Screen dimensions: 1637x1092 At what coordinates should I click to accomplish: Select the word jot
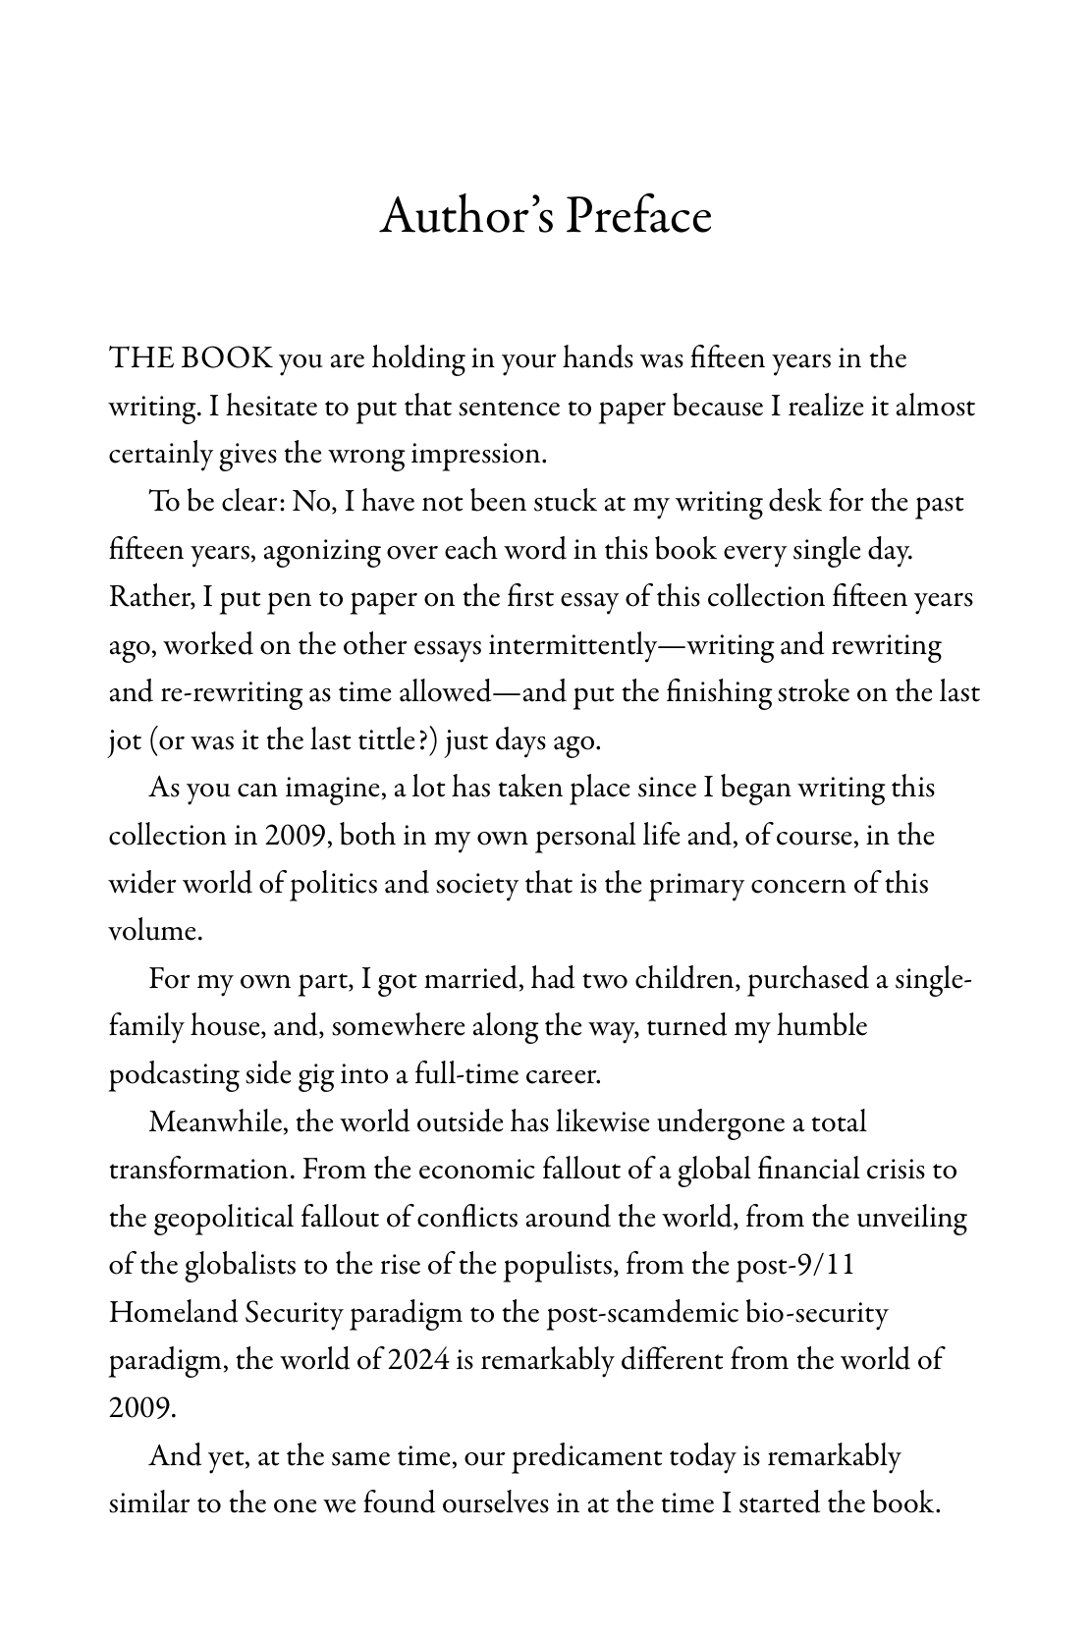(x=124, y=740)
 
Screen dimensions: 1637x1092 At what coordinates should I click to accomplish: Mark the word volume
(x=154, y=931)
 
